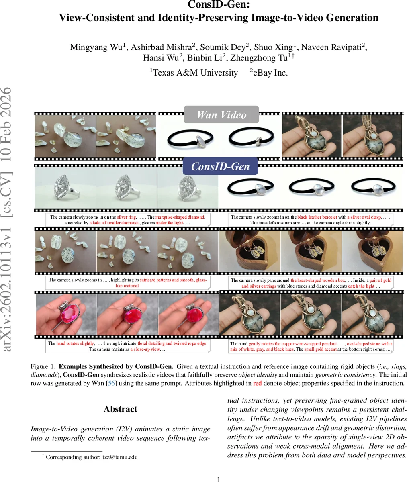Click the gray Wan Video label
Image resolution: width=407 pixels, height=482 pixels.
[221, 114]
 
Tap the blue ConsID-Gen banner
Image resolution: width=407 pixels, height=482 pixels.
[220, 166]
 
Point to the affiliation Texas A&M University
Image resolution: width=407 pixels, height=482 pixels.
[194, 72]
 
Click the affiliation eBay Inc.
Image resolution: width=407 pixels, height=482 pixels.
[269, 72]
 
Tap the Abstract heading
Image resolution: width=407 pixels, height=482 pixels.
[121, 409]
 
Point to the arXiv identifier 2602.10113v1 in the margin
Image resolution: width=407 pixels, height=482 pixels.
[7, 287]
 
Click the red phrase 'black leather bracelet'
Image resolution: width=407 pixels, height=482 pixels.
[317, 217]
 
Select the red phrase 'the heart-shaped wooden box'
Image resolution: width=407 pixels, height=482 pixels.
[318, 280]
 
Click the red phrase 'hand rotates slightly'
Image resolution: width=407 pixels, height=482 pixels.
[75, 343]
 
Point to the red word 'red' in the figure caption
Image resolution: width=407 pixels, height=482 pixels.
[257, 383]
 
